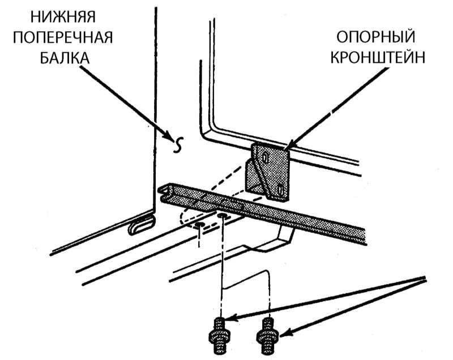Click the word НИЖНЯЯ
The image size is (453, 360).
[x=63, y=17]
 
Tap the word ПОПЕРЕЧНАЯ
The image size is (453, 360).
[x=63, y=37]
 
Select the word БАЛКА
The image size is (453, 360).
[x=65, y=58]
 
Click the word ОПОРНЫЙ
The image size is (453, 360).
[x=375, y=37]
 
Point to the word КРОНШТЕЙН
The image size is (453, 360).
[x=378, y=58]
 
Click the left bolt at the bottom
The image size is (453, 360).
[x=220, y=336]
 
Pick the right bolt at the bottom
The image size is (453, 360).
[x=267, y=336]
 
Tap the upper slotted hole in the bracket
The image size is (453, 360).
[x=265, y=158]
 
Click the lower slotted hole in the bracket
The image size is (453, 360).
[x=280, y=189]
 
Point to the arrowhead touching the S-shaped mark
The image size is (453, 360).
[x=170, y=138]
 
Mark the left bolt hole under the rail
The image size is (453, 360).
[x=199, y=224]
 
